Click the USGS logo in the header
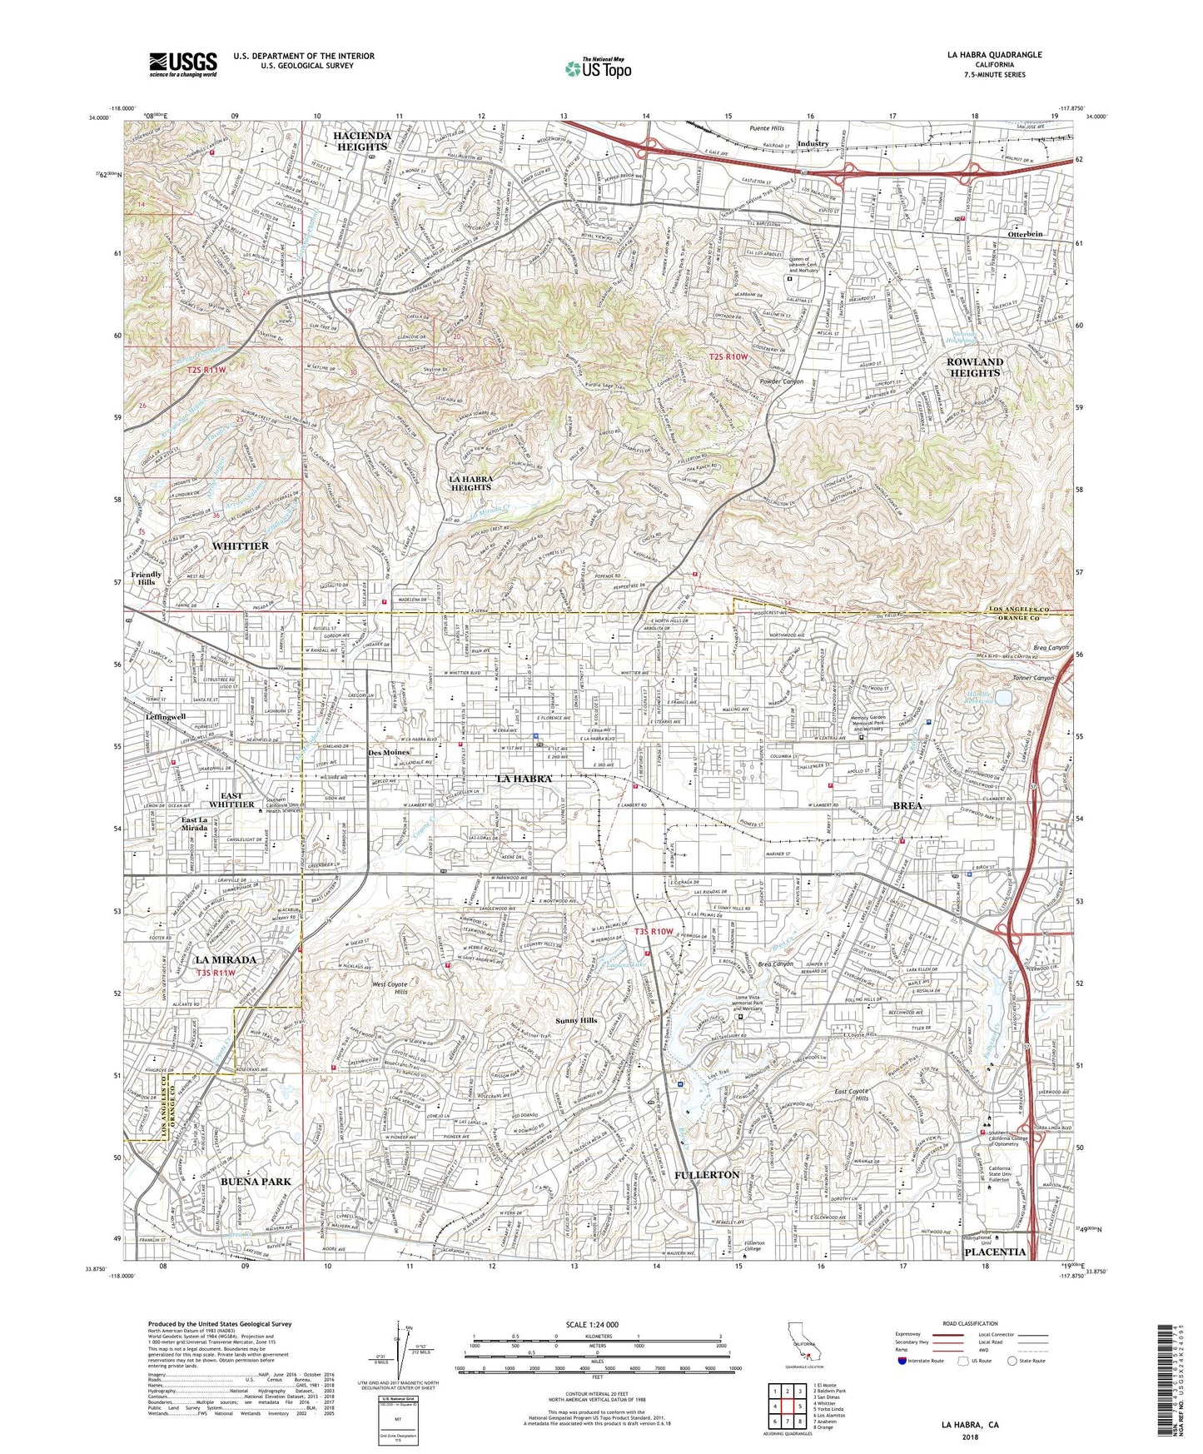183,63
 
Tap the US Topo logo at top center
597,68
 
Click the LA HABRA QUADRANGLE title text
994,55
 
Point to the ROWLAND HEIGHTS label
974,367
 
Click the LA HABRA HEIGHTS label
470,483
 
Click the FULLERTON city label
706,1174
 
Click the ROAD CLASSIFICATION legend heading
941,1323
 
